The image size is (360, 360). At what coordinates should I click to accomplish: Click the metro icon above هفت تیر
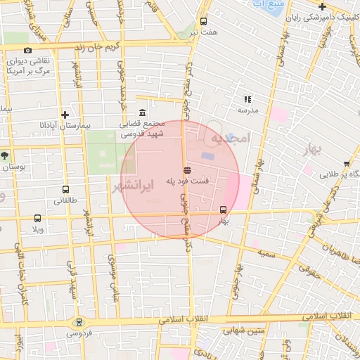(x=204, y=21)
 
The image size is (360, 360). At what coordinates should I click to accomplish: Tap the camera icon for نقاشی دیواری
(x=27, y=50)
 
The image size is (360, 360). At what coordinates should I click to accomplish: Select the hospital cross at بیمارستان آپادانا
(x=65, y=114)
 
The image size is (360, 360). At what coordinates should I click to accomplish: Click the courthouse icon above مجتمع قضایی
(x=143, y=113)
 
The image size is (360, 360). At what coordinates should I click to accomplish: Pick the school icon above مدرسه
(x=247, y=99)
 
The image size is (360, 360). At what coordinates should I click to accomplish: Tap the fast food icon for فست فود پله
(x=187, y=170)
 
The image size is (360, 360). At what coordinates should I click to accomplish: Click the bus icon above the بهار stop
(x=224, y=210)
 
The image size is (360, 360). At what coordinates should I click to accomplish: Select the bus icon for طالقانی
(x=65, y=189)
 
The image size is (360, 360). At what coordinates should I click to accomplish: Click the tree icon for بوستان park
(x=6, y=155)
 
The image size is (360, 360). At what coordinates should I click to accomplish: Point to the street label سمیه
(x=265, y=251)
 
